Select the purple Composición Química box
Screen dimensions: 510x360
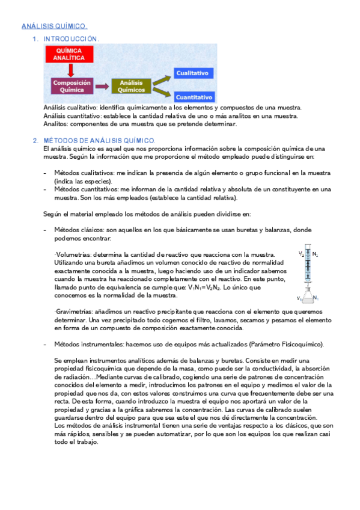72,85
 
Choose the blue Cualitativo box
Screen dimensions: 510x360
192,73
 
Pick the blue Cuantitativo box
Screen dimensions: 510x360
194,97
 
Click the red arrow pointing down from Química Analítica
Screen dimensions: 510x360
71,70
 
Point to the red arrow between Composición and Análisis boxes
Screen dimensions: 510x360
102,86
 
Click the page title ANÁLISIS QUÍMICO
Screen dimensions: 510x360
54,26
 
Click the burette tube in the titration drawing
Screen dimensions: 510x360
308,269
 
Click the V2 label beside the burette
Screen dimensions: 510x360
301,254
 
